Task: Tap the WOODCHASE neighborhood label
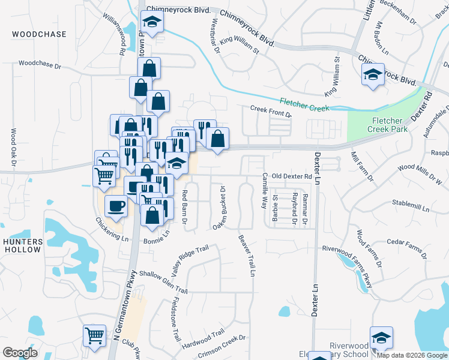(x=39, y=34)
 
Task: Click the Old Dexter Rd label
(x=292, y=176)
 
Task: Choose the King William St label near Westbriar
(x=239, y=45)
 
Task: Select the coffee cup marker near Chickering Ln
(x=116, y=206)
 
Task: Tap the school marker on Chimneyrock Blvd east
(x=373, y=75)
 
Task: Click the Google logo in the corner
(x=20, y=352)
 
